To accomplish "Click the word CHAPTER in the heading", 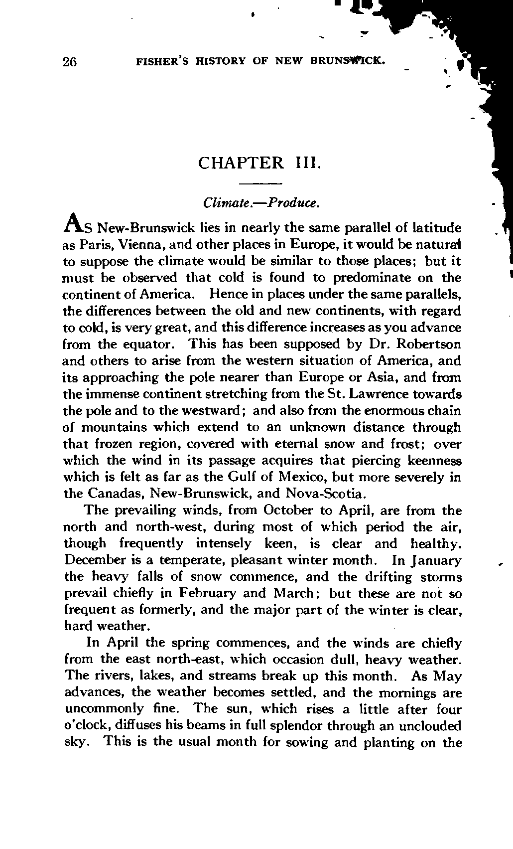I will point(240,163).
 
